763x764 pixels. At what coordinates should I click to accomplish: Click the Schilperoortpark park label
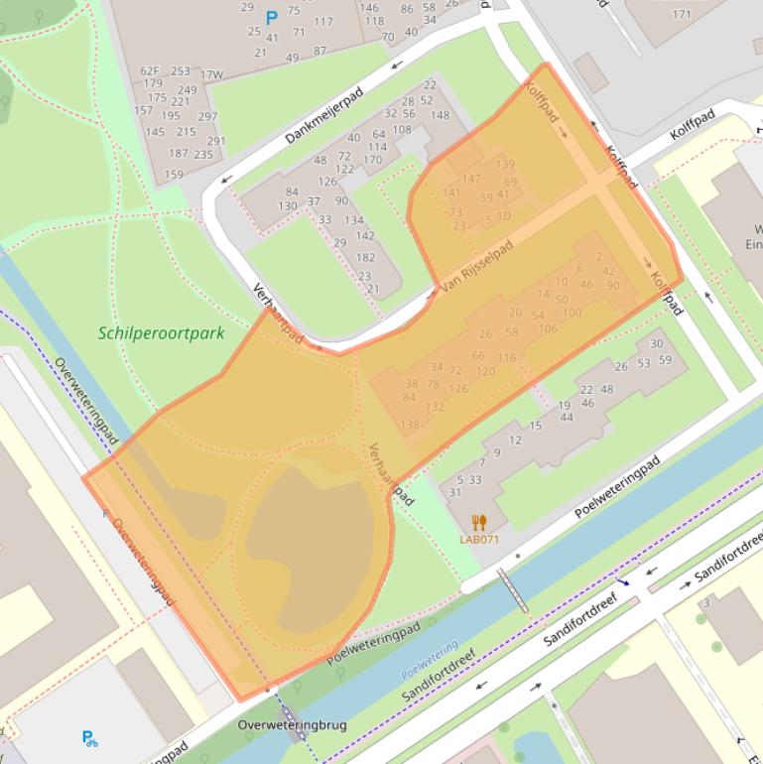(x=162, y=333)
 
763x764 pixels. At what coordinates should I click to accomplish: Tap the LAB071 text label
(x=479, y=540)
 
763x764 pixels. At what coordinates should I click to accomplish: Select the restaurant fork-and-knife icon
(x=479, y=523)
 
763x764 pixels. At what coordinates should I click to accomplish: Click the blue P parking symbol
(x=271, y=18)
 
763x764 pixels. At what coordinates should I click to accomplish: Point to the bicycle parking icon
(x=90, y=738)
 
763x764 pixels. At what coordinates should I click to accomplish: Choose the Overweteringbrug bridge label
(x=292, y=725)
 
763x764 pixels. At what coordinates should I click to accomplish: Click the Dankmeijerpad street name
(x=324, y=115)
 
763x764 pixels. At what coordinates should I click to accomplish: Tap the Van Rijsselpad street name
(x=477, y=266)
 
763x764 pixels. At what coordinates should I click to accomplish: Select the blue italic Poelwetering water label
(x=430, y=660)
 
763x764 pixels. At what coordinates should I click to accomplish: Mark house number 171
(x=682, y=14)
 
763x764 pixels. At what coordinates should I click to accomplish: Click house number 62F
(x=149, y=71)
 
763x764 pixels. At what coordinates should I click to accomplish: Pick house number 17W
(x=211, y=74)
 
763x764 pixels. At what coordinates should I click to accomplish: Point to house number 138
(x=410, y=425)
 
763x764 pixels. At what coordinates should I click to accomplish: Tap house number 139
(x=505, y=165)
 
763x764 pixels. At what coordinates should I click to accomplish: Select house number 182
(x=365, y=257)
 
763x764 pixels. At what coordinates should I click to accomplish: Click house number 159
(x=174, y=175)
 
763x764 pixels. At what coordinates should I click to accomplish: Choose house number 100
(x=572, y=313)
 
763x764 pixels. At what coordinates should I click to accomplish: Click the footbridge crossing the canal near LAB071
(x=512, y=591)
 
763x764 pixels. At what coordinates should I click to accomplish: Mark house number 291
(x=216, y=142)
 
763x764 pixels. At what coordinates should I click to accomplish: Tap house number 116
(x=507, y=357)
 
